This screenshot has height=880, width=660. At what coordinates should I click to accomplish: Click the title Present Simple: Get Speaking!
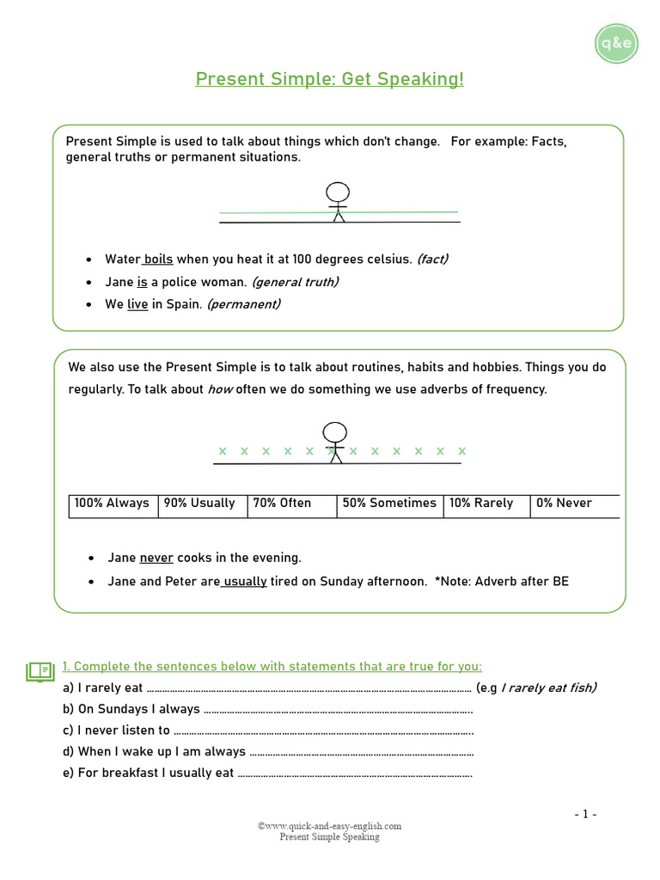click(x=329, y=80)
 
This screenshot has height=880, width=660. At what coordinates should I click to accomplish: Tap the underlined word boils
click(x=158, y=259)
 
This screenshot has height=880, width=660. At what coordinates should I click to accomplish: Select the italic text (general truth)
click(x=295, y=282)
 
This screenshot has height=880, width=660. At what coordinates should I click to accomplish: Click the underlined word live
click(x=137, y=304)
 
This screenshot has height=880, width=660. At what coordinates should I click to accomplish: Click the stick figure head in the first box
click(x=339, y=192)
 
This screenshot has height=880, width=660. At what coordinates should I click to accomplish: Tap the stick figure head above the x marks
click(x=335, y=432)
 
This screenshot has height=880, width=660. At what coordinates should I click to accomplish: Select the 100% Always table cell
click(x=113, y=504)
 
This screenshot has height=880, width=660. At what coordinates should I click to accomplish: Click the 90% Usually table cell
click(x=202, y=504)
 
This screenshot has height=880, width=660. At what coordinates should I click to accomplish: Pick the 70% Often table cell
click(x=291, y=504)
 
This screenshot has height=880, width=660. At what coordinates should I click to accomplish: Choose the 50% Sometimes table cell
click(x=389, y=504)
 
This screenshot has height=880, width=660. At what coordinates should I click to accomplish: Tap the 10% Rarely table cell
click(x=485, y=504)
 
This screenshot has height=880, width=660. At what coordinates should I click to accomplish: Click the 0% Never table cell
click(x=572, y=504)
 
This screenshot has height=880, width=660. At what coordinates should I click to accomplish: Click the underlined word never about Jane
click(x=156, y=558)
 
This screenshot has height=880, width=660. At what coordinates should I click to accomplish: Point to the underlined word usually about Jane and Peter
click(x=245, y=582)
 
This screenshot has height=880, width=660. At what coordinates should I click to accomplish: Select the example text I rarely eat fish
click(x=548, y=687)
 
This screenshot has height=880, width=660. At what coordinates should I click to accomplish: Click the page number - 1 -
click(x=585, y=814)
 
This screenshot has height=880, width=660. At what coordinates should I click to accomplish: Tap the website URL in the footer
click(x=329, y=826)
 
